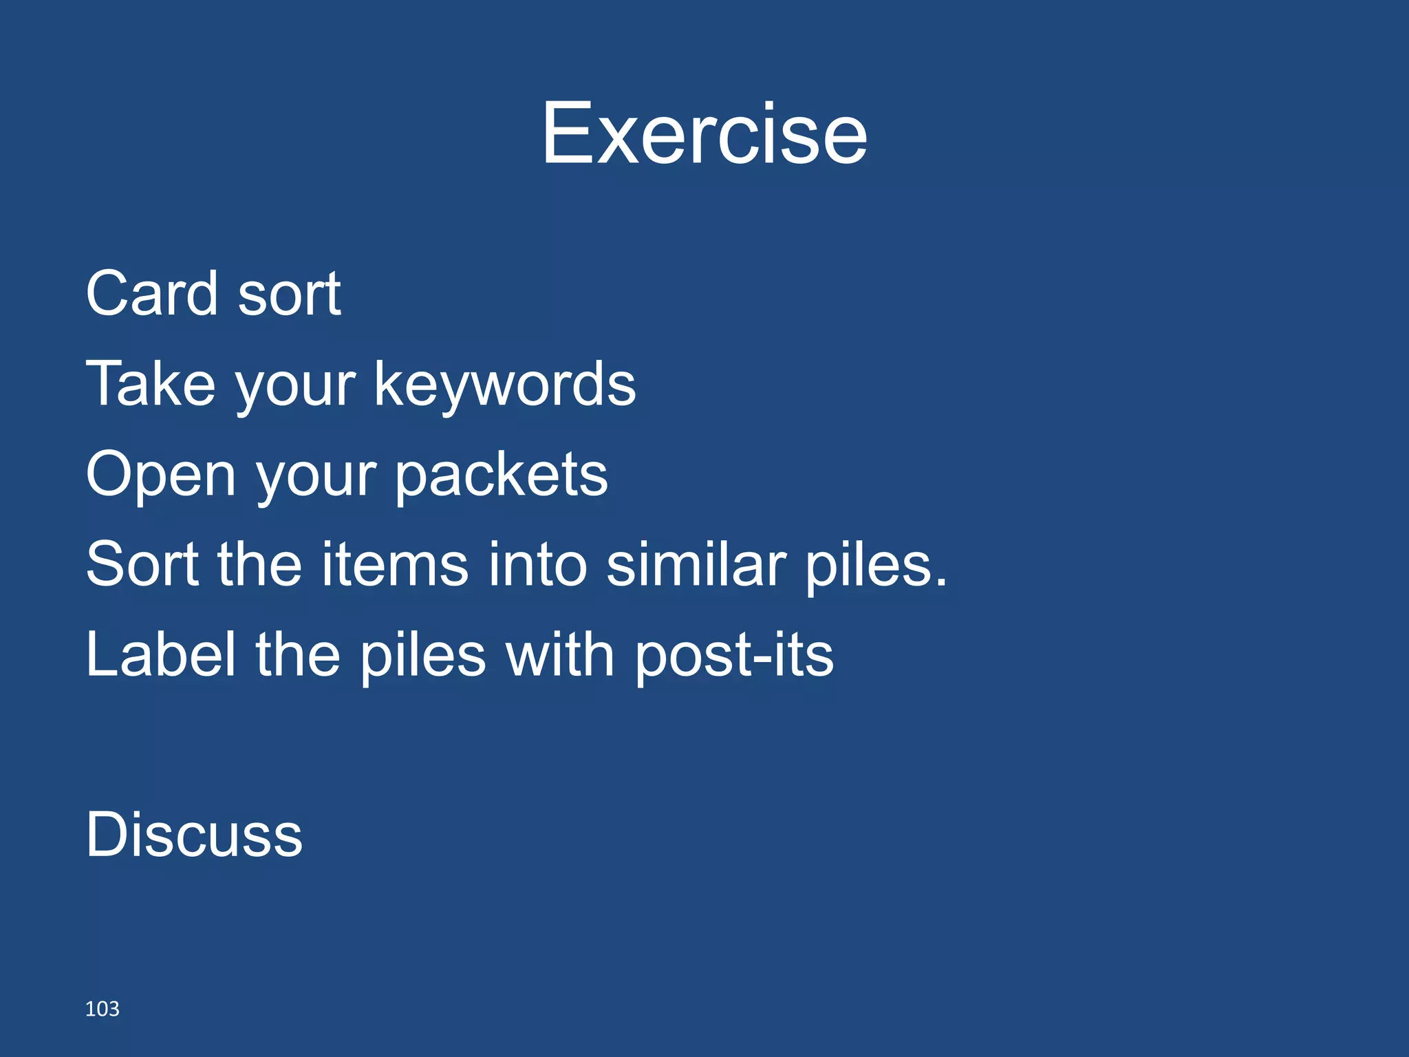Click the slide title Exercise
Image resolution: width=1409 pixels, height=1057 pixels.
(x=704, y=134)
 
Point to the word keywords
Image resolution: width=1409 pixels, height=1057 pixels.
(x=505, y=384)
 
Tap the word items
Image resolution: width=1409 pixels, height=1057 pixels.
(x=395, y=564)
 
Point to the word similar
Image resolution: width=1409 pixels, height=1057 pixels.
(x=696, y=564)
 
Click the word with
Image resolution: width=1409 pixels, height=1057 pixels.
(x=559, y=654)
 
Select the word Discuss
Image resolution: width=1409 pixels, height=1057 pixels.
(x=194, y=835)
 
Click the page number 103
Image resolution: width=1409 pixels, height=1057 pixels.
(x=102, y=1009)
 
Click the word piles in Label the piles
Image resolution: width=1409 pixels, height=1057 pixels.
(x=423, y=656)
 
